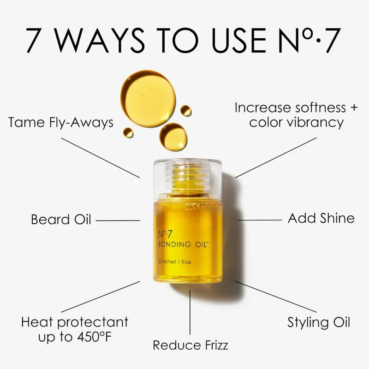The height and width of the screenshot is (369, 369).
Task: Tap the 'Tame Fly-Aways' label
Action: (x=61, y=123)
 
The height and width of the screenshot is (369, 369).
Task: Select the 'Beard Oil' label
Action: (x=61, y=219)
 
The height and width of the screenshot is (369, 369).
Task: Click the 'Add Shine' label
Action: (x=321, y=218)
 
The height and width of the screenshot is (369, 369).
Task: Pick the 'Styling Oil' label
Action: (x=319, y=322)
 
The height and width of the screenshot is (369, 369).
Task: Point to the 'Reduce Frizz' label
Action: (x=190, y=345)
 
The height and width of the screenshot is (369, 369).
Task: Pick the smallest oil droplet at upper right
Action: (x=186, y=110)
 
